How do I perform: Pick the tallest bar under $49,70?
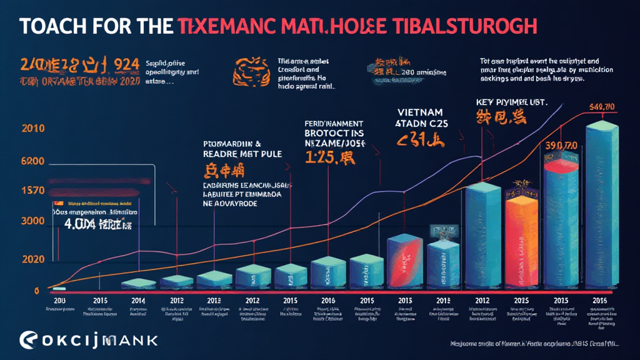[602, 206]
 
